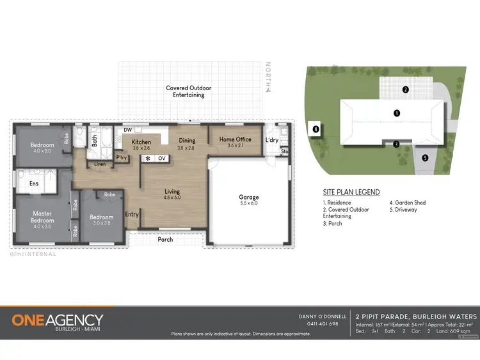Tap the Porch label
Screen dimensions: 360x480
click(166, 240)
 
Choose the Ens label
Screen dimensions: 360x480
click(34, 184)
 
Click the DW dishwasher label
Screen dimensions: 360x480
click(127, 130)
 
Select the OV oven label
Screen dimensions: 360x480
click(161, 158)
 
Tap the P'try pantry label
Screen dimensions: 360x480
click(121, 157)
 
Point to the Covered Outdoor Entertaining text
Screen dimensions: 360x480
click(188, 91)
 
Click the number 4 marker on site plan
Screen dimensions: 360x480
click(316, 129)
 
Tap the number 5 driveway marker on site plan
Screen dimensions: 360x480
click(424, 158)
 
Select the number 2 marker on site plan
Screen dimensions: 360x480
click(405, 90)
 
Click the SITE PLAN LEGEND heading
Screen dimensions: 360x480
click(351, 192)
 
